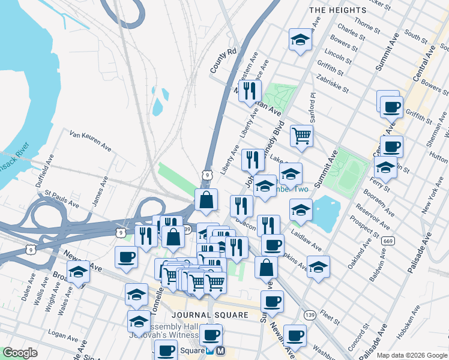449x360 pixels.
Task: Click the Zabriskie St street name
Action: point(335,83)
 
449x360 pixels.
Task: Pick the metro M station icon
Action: point(220,350)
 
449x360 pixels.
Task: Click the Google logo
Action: point(20,353)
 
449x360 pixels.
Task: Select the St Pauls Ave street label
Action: point(62,199)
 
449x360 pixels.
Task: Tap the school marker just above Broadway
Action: point(78,272)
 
